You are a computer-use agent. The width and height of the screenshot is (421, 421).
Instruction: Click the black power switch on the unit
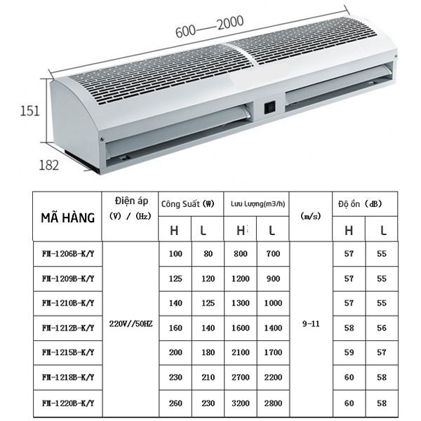pyautogui.click(x=270, y=107)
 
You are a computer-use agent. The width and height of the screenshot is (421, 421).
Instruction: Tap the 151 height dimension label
pyautogui.click(x=29, y=111)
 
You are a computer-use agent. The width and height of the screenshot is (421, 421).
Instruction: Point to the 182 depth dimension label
pyautogui.click(x=49, y=165)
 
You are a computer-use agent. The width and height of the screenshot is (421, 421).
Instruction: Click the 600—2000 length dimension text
pyautogui.click(x=210, y=27)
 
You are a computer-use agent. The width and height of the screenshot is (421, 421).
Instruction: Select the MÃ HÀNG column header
pyautogui.click(x=67, y=218)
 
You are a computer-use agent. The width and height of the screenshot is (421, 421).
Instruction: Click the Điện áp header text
pyautogui.click(x=132, y=201)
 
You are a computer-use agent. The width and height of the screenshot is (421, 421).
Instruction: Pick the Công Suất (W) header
pyautogui.click(x=187, y=204)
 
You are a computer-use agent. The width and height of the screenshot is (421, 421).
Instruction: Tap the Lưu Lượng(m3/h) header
pyautogui.click(x=258, y=204)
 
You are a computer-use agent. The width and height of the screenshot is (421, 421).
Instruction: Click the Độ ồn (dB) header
pyautogui.click(x=360, y=204)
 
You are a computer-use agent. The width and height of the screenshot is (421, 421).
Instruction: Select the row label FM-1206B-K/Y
pyautogui.click(x=68, y=254)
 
